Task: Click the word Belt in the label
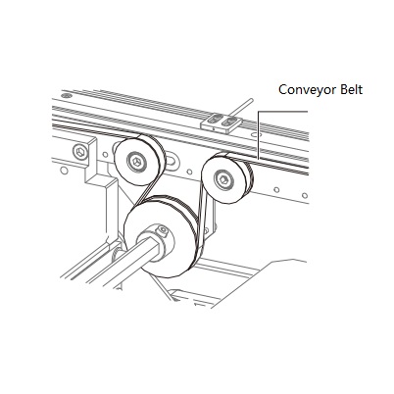pyautogui.click(x=351, y=89)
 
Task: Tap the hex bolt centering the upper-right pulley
pyautogui.click(x=222, y=179)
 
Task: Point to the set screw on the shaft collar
pyautogui.click(x=163, y=230)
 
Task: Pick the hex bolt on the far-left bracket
pyautogui.click(x=80, y=152)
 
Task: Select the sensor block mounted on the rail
pyautogui.click(x=222, y=123)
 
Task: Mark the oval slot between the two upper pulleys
pyautogui.click(x=172, y=160)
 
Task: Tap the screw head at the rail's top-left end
pyautogui.click(x=68, y=95)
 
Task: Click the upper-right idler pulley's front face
pyautogui.click(x=222, y=179)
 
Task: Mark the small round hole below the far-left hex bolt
pyautogui.click(x=65, y=171)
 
